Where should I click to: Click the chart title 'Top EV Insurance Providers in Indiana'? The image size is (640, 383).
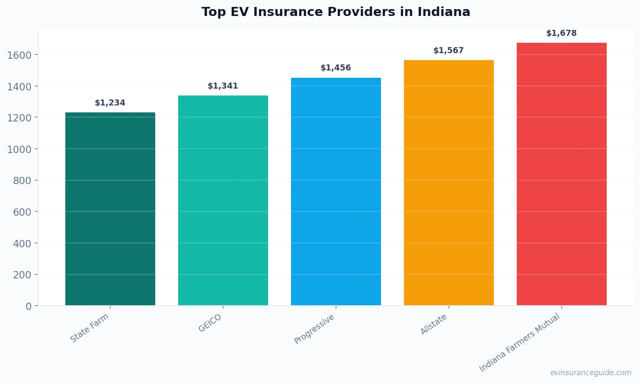pos(336,12)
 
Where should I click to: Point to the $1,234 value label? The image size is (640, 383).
pos(110,103)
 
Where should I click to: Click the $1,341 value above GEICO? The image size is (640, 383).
pos(223,86)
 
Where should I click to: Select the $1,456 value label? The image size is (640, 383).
pos(336,68)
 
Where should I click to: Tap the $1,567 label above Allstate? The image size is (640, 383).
pos(449,51)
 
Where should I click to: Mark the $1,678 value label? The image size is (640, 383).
pos(562,33)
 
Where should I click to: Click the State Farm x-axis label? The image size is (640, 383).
pos(90,328)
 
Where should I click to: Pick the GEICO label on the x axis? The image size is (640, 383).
pos(210,323)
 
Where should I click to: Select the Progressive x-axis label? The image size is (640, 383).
pos(314,329)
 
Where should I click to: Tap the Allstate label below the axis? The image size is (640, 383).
pos(434,324)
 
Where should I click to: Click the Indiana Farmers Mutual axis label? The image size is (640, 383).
pos(519,343)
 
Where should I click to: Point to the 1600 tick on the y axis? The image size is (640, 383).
pos(19,55)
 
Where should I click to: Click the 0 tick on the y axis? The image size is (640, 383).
pos(29,306)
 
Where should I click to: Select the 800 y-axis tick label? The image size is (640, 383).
pos(22,181)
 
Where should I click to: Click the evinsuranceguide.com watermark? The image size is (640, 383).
pos(591,373)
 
